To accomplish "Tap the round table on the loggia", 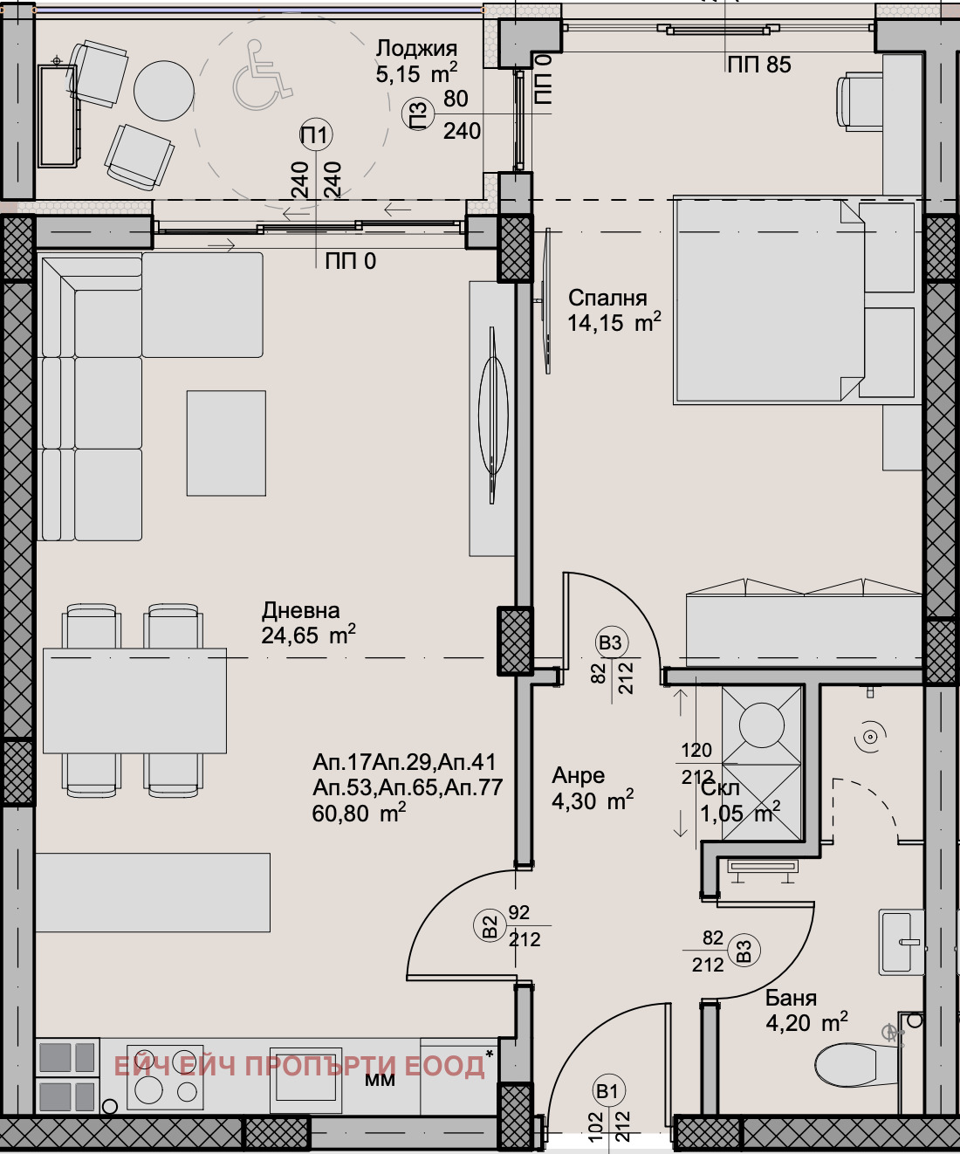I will [x=163, y=89].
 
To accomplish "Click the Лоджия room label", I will [x=416, y=49].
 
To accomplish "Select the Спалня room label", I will [x=607, y=298].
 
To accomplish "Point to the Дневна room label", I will [x=300, y=610].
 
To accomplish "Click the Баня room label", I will [x=791, y=998].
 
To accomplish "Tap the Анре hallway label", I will [x=578, y=775].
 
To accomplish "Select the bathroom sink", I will [x=901, y=942].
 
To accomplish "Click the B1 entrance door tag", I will [x=607, y=1090].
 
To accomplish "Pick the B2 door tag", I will [x=490, y=925].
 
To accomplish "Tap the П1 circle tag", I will [x=315, y=134].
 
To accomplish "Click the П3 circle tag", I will [x=419, y=115].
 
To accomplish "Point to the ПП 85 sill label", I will [x=758, y=65].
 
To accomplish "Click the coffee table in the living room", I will [x=226, y=443].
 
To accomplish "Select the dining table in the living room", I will [x=134, y=700].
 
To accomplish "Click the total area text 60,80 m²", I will [x=358, y=814].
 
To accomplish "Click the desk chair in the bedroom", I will [x=858, y=100].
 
